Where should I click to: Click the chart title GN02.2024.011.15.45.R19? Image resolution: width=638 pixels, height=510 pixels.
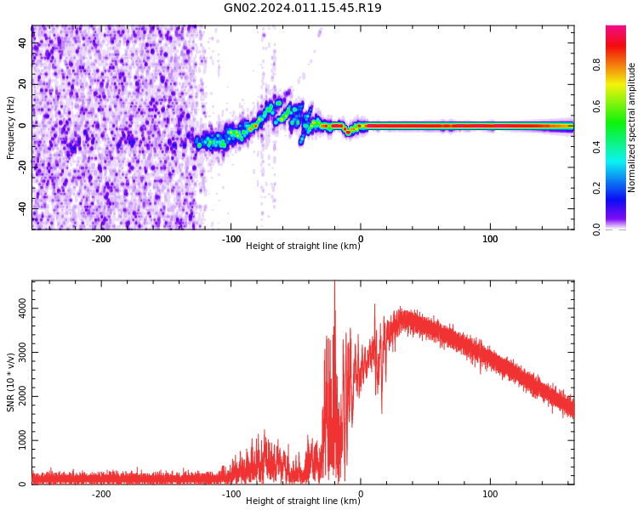[302, 8]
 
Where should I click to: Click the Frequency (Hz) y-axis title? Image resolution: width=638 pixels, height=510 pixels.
[11, 127]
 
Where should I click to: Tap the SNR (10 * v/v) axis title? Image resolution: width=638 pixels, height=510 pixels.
[11, 382]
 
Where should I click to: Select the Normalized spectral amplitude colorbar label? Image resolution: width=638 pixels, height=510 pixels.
[632, 127]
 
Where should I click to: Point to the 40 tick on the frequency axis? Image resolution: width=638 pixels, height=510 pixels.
[23, 42]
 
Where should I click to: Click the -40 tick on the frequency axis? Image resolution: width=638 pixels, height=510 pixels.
[21, 208]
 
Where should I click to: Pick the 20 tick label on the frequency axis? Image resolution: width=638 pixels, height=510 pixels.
[23, 83]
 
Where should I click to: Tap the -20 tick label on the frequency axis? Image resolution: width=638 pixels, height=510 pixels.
[21, 167]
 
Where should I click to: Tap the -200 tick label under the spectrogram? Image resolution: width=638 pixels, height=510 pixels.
[101, 239]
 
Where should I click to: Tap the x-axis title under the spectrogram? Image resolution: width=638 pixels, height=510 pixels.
[302, 246]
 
